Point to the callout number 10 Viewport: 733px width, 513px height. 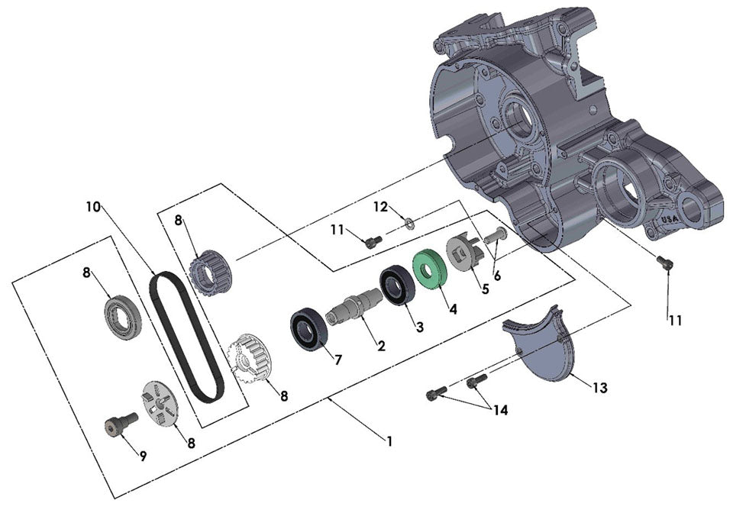click(92, 206)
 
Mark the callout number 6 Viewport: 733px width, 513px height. click(498, 276)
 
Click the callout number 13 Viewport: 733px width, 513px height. click(600, 388)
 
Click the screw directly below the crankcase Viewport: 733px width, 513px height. click(665, 264)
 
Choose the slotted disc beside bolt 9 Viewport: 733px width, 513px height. click(162, 403)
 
